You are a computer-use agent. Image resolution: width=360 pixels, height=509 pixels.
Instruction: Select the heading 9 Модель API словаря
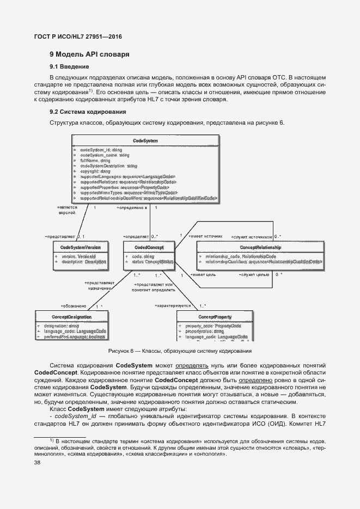[89, 55]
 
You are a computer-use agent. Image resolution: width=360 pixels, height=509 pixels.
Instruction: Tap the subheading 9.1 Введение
[70, 67]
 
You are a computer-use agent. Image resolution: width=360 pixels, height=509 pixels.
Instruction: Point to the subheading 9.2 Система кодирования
[88, 112]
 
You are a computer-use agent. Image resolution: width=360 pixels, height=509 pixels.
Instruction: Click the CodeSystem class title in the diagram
[145, 141]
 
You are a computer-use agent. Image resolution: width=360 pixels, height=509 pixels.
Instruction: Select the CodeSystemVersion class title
[80, 248]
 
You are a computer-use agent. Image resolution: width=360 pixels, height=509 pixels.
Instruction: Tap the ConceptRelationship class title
[260, 248]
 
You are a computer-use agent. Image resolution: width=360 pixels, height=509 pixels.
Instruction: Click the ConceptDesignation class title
[71, 316]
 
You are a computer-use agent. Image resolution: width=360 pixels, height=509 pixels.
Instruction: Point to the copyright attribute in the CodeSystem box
[95, 171]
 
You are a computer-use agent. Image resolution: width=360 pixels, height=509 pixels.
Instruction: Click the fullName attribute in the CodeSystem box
[95, 161]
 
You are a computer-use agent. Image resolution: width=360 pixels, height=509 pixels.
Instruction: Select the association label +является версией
[67, 210]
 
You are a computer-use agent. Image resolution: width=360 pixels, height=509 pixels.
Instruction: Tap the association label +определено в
[132, 207]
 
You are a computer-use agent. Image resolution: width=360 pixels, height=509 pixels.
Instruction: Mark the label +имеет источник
[205, 236]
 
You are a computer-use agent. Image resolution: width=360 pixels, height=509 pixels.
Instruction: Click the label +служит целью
[254, 274]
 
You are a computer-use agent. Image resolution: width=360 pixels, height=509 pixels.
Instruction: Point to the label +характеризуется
[173, 306]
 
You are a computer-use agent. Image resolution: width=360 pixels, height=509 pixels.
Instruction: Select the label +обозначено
[74, 306]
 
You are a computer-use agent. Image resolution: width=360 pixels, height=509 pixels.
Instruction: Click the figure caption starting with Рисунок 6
[180, 352]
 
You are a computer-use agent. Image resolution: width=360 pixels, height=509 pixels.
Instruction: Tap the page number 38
[38, 463]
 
